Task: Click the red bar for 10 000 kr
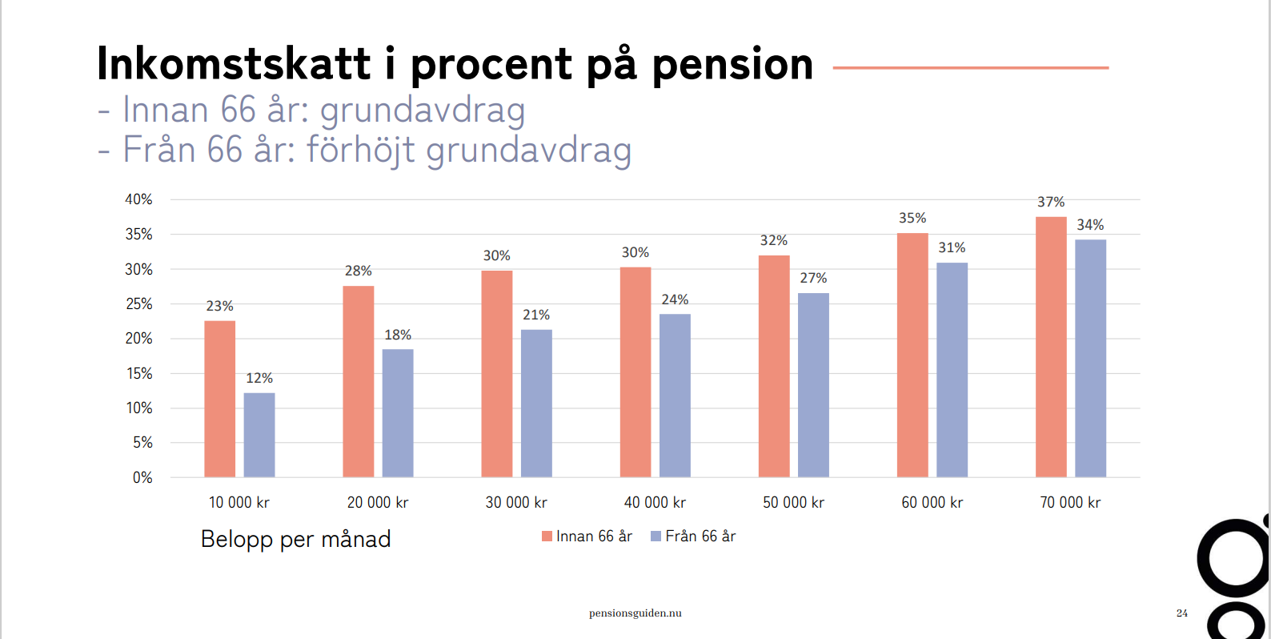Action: [219, 399]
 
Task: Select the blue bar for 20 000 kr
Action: [398, 413]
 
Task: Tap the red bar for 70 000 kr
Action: [1051, 347]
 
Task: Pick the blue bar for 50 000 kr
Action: [813, 385]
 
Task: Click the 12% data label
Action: [259, 378]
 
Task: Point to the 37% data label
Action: [1051, 202]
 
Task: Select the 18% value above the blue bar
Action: [398, 335]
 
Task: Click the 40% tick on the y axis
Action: [138, 199]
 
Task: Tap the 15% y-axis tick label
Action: [139, 373]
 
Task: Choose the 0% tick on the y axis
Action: [142, 477]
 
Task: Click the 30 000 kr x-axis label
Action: [516, 502]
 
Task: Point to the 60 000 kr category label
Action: [932, 502]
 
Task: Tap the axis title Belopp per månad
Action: [295, 539]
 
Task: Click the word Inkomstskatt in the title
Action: [234, 64]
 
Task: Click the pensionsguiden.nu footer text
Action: [635, 613]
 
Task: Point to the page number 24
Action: [1182, 613]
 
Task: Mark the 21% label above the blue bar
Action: [536, 315]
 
